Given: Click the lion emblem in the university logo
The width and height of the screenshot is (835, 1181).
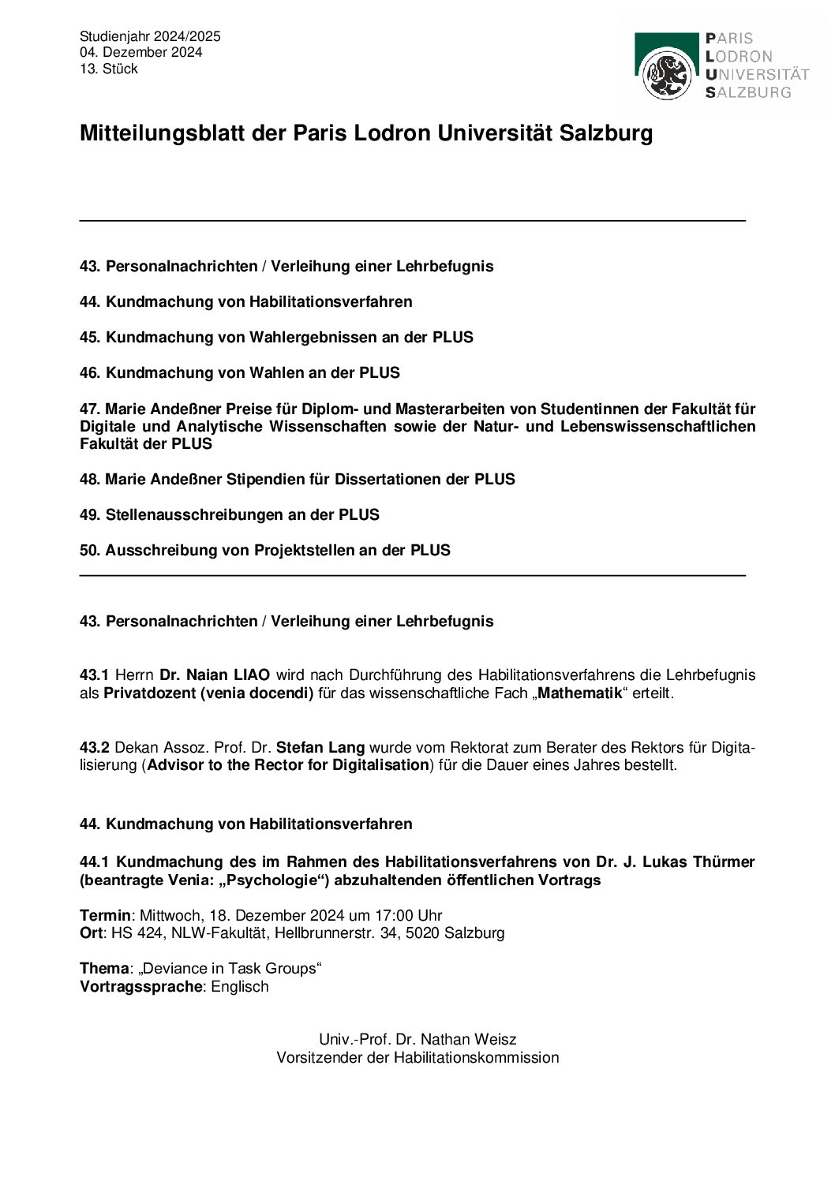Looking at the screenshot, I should click(x=668, y=74).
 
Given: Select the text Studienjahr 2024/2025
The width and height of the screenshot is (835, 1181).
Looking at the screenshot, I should click(x=150, y=36).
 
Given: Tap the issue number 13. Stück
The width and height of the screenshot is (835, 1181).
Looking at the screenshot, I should click(x=109, y=69).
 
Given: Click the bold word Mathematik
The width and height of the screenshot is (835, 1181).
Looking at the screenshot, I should click(x=580, y=693).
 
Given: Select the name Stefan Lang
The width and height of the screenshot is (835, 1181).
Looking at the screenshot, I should click(x=320, y=747).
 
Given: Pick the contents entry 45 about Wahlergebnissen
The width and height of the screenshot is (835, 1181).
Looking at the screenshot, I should click(x=276, y=338).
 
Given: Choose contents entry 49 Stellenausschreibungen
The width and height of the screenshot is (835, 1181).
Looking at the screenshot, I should click(x=229, y=515).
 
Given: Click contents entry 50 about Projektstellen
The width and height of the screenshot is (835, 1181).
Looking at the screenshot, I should click(x=264, y=551).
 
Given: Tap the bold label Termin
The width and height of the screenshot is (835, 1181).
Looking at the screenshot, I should click(x=105, y=916).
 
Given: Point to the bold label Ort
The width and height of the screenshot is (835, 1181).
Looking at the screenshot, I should click(x=91, y=933).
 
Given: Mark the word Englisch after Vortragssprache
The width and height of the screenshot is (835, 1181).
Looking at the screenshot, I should click(x=240, y=987).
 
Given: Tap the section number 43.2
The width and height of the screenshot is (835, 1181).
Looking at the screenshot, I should click(x=95, y=747).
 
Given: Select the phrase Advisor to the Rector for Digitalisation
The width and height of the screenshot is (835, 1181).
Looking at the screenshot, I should click(x=288, y=765).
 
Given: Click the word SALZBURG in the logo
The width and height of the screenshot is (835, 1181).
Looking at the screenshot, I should click(x=748, y=92).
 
